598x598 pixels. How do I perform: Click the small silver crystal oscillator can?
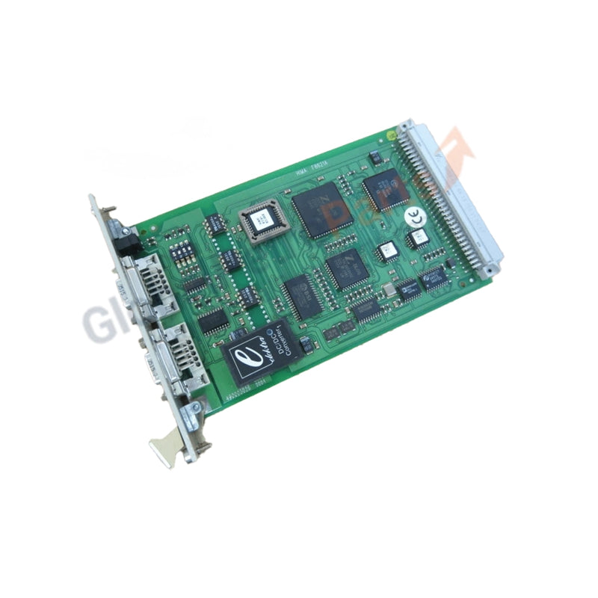pyautogui.click(x=388, y=289)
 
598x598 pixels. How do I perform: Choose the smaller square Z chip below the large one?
pyautogui.click(x=346, y=268)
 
